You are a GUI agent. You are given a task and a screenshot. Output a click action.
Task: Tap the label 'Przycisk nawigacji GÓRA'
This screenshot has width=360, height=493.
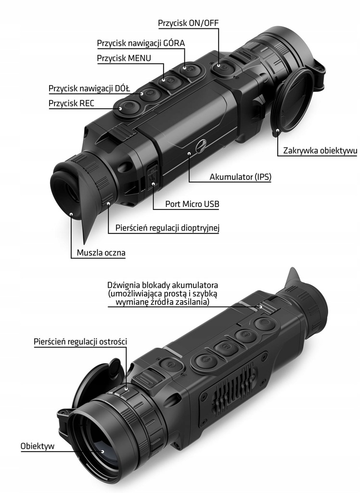tap(141, 43)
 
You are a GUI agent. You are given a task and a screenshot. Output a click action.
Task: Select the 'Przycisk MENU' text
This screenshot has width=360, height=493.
tap(124, 58)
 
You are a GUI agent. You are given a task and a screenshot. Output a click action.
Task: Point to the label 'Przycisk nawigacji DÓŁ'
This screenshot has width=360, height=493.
tap(89, 89)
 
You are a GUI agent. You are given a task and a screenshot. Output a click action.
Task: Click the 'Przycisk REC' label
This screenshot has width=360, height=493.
tap(71, 104)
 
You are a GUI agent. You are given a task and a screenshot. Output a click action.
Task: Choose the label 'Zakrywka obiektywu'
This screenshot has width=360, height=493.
tap(320, 151)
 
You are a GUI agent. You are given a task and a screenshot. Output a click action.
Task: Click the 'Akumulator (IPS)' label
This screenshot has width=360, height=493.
tap(240, 177)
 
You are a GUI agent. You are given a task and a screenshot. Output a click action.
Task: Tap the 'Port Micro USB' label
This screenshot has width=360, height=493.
tap(192, 204)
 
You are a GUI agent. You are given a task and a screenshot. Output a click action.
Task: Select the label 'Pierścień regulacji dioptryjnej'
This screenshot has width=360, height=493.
tap(167, 228)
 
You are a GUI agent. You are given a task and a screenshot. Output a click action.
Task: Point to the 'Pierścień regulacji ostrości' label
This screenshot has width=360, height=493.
tap(80, 341)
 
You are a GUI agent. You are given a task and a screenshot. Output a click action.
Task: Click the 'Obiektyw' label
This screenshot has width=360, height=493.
tap(38, 446)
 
